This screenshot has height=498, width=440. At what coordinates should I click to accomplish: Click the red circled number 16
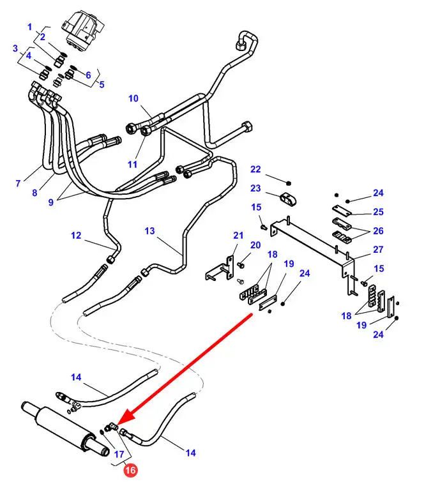130,471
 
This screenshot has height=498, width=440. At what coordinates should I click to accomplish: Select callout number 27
378,250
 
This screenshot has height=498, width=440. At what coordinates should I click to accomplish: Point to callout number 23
255,188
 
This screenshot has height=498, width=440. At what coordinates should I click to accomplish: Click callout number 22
255,169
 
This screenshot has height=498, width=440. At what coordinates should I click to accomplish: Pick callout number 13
149,230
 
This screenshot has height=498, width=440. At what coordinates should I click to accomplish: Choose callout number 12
76,236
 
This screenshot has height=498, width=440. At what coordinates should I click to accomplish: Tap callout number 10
133,98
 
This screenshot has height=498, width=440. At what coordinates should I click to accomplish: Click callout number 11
132,164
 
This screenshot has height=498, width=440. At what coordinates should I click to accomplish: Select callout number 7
18,184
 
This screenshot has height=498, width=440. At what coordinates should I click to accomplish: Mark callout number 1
29,27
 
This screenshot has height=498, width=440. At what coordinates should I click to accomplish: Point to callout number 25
378,211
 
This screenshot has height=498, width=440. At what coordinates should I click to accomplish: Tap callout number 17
119,455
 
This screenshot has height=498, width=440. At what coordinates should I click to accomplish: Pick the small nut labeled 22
288,181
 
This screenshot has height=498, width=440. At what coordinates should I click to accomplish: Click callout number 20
255,245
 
